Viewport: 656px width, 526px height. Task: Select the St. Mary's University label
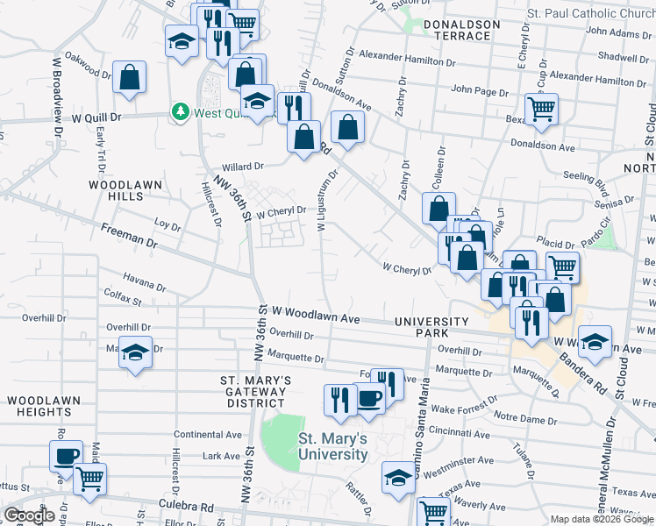point(332,446)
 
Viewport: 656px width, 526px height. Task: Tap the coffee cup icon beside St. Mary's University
point(369,398)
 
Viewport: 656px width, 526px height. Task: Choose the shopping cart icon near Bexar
point(542,109)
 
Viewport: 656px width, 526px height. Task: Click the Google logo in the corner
point(29,515)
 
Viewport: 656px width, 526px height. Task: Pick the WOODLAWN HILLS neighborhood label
point(116,190)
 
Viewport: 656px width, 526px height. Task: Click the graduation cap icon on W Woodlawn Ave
point(595,344)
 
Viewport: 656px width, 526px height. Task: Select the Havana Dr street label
point(145,286)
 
